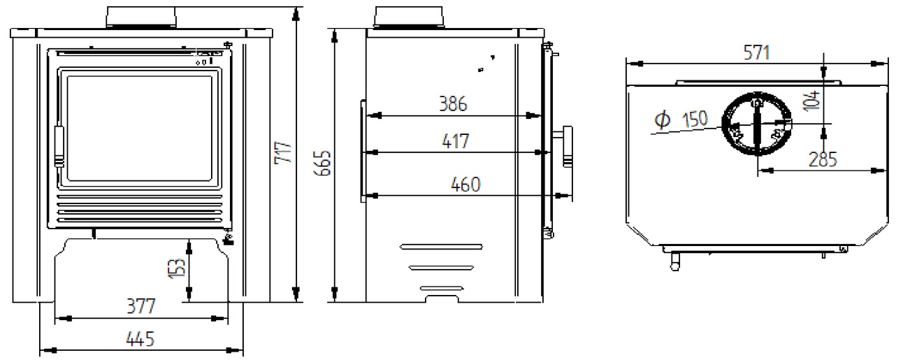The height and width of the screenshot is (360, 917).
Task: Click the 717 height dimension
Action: click(x=283, y=153)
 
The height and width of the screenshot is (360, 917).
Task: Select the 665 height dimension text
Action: click(x=322, y=163)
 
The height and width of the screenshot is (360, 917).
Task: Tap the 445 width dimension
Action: click(x=140, y=339)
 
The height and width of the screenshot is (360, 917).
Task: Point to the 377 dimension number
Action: click(x=141, y=306)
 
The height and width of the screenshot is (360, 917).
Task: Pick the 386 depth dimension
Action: click(x=453, y=104)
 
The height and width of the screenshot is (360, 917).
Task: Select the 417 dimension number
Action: click(x=456, y=141)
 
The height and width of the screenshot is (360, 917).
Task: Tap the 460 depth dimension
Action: click(x=465, y=185)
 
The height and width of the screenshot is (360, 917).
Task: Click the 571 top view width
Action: click(x=756, y=53)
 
